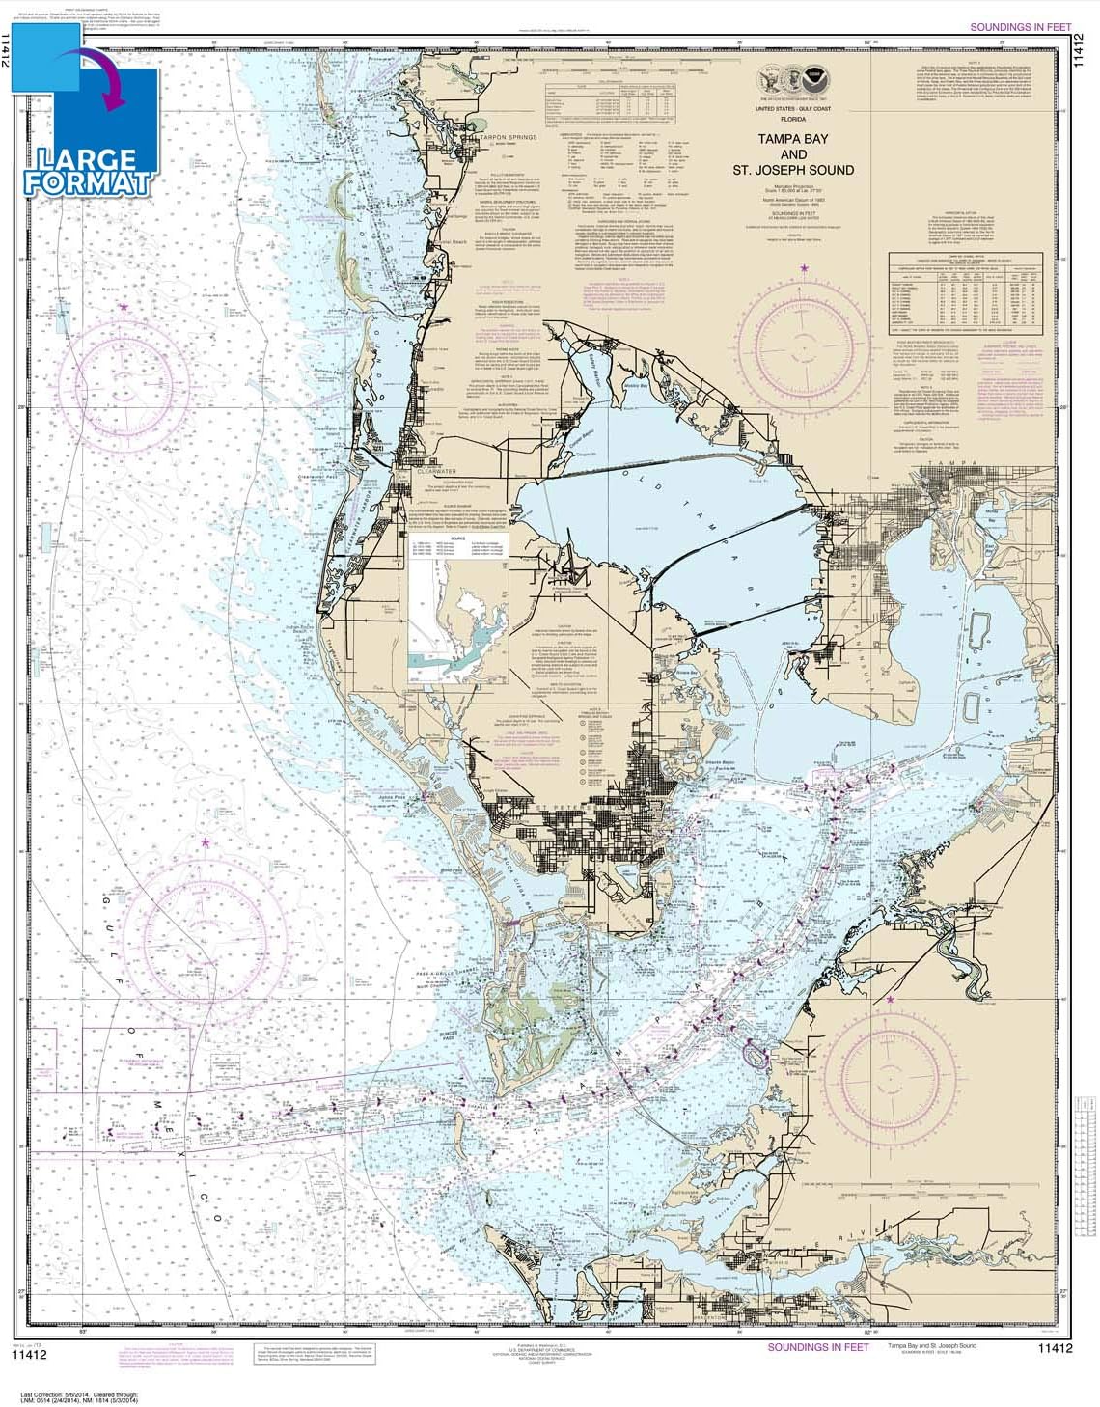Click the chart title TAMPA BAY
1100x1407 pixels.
coord(791,139)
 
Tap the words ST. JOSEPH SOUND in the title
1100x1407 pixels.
coord(791,170)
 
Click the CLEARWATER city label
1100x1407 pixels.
coord(434,472)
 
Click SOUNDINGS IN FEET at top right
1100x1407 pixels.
coord(1020,27)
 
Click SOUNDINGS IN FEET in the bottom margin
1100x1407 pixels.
coord(817,1347)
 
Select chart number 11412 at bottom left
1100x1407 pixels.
coord(29,1355)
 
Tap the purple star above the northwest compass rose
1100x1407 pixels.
coord(124,307)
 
